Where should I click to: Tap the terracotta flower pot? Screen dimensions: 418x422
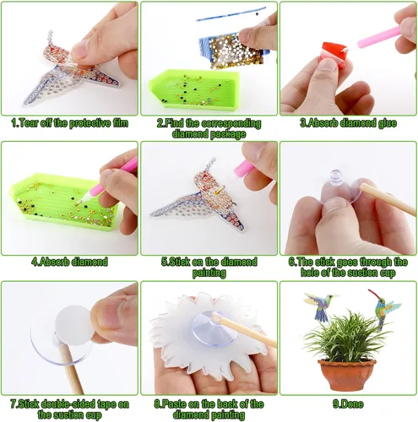347,374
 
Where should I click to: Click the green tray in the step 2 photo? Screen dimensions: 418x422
193,88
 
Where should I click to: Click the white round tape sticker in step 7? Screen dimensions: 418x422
74,324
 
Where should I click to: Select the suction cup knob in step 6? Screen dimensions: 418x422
336,177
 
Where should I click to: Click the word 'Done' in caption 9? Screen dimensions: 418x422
351,404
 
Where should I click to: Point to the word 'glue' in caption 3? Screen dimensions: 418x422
388,123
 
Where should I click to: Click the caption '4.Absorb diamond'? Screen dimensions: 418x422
69,262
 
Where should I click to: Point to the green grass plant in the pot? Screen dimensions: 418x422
347,336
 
